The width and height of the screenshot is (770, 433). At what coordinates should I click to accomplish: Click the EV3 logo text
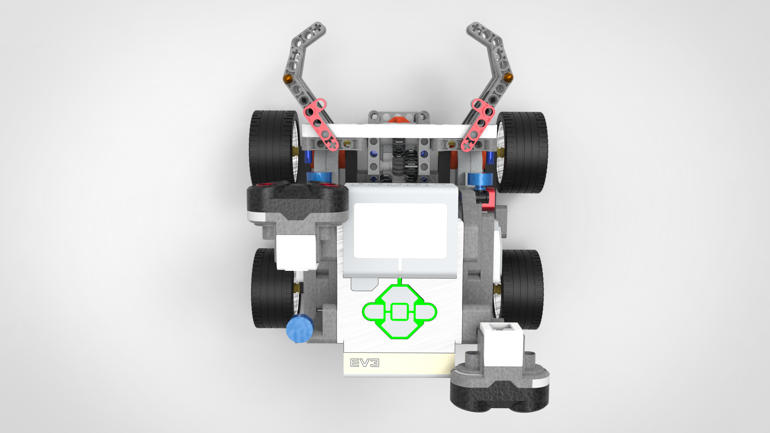365,363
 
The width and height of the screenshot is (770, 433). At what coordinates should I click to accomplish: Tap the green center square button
399,312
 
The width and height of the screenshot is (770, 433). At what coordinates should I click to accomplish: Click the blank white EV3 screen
400,230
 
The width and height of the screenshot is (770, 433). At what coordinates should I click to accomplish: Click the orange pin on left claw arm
288,78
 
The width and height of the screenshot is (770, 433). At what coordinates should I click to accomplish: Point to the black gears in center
403,159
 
